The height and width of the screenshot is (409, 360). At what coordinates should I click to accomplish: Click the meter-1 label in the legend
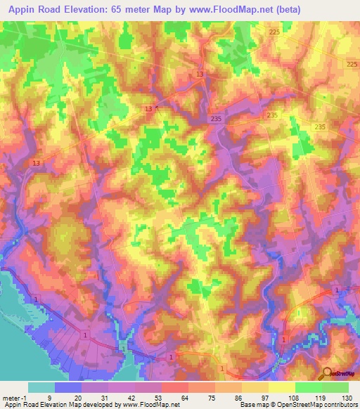coord(14,398)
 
